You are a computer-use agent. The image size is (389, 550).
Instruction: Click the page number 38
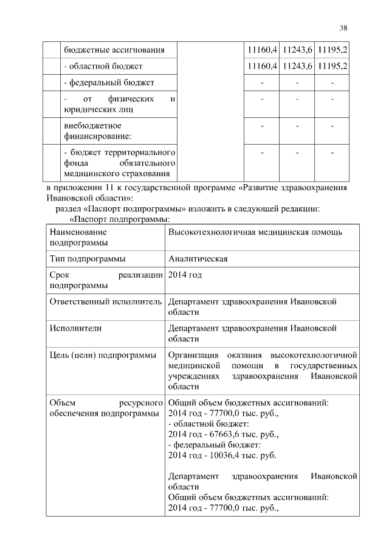[343, 27]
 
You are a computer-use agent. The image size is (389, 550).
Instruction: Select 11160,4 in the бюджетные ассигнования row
[263, 48]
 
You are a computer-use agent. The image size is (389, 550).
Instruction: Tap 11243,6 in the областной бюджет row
[297, 65]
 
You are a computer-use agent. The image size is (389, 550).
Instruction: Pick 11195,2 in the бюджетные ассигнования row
[332, 48]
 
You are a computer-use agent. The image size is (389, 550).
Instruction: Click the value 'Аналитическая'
[198, 258]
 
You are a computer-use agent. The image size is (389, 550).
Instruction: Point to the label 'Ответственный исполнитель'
[106, 301]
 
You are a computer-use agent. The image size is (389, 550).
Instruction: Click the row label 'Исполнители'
[75, 328]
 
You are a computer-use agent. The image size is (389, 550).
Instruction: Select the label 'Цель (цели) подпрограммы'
[103, 354]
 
